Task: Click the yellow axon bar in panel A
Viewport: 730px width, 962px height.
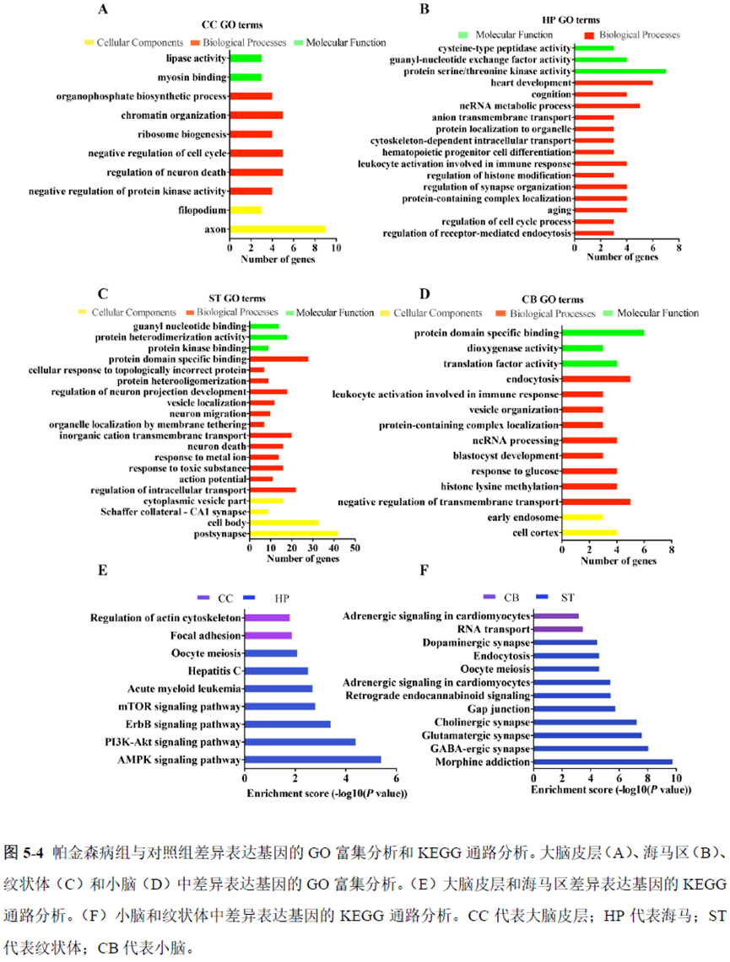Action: (277, 228)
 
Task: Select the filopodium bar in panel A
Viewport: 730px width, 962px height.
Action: (246, 209)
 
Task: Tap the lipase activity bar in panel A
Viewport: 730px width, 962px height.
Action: (246, 58)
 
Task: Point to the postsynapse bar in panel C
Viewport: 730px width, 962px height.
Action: (293, 534)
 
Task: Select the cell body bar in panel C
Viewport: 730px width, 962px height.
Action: (284, 523)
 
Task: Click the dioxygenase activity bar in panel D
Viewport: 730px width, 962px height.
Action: (582, 348)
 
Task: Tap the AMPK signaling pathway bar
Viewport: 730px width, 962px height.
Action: (312, 760)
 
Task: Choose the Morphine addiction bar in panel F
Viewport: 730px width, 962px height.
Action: (602, 762)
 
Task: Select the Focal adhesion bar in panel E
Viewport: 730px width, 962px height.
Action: (268, 635)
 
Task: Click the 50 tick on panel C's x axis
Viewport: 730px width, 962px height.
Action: (354, 549)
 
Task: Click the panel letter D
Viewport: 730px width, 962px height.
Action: (424, 293)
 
